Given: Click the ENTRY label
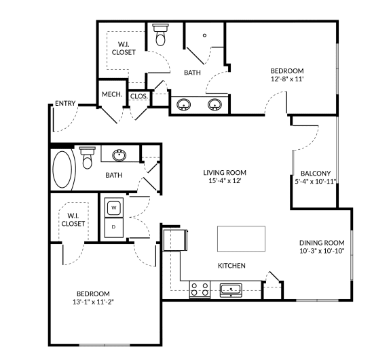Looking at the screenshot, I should [65, 104].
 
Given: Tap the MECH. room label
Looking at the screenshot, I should [111, 95].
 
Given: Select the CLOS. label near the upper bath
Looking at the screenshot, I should [138, 96].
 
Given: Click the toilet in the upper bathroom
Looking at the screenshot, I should [160, 35].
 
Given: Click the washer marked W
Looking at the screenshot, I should [114, 206].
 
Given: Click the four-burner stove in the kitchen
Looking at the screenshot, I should [200, 289].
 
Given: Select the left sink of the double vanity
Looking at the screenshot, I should [184, 105].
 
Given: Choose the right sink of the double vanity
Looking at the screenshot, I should [215, 105].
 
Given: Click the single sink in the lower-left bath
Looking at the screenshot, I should [120, 155].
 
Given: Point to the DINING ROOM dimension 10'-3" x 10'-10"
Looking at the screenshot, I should [322, 252].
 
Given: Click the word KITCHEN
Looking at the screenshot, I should [231, 265].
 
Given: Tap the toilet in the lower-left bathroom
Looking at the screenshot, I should [86, 158].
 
